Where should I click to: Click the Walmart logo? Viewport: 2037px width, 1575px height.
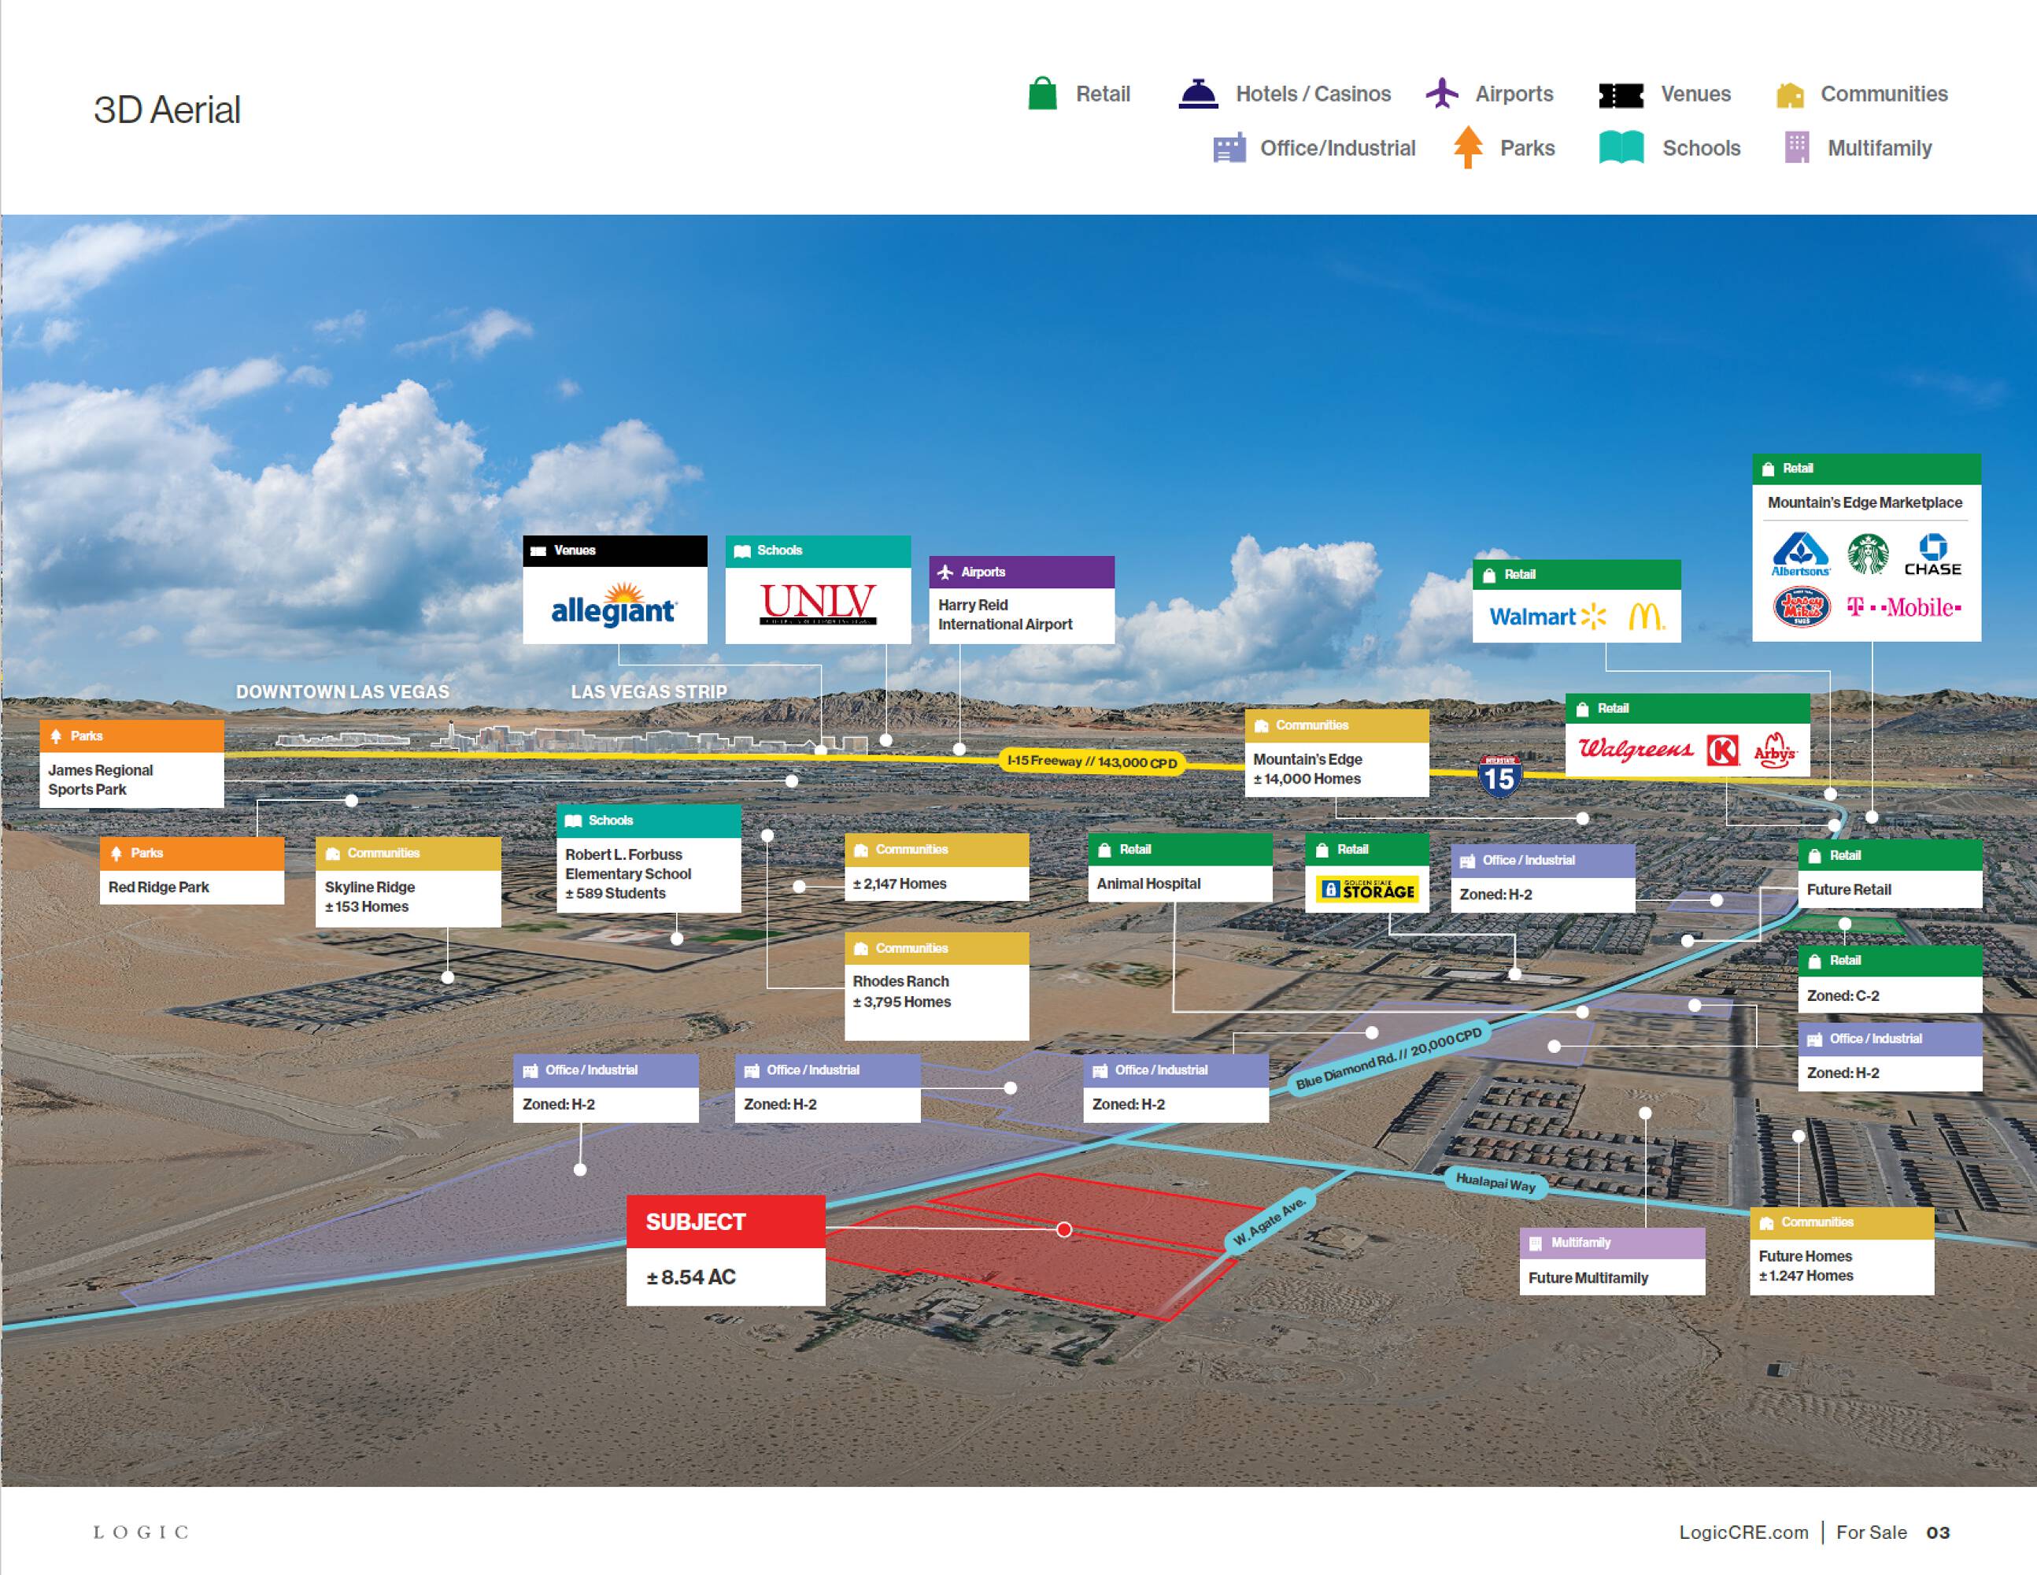point(1547,617)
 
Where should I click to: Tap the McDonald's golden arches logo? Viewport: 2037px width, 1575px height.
point(1645,617)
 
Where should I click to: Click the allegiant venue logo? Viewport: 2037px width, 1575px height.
point(614,606)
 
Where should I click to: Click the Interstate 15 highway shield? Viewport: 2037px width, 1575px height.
point(1499,776)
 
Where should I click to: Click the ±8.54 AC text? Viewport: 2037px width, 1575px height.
point(691,1277)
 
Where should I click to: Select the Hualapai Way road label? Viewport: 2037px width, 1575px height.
point(1495,1183)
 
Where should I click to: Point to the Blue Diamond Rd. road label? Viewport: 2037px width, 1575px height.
point(1388,1059)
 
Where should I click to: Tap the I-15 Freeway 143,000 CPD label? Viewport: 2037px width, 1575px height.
point(1091,762)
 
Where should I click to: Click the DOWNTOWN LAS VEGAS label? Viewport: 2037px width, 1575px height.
point(342,692)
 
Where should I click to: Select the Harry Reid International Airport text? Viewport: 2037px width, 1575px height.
point(1004,615)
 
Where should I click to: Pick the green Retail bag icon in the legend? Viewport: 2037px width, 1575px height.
point(1042,94)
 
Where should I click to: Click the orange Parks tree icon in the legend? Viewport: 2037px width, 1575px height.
point(1467,147)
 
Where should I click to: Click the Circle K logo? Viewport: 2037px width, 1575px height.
point(1721,749)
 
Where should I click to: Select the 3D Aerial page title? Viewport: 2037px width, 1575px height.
point(167,110)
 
